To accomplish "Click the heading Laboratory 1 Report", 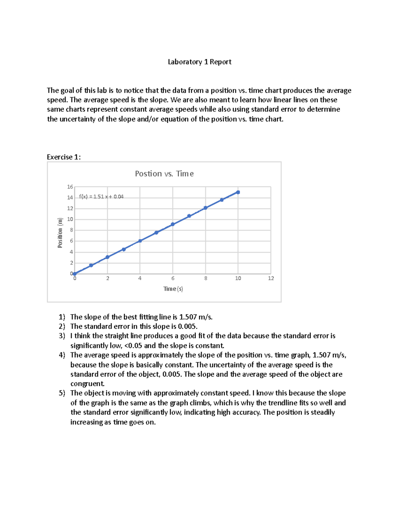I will point(199,62).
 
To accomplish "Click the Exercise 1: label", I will point(64,157).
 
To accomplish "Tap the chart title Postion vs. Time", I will point(164,174).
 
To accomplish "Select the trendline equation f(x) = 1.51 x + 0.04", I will point(101,197).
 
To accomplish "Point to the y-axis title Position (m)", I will point(60,233).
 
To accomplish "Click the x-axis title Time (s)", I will point(173,289).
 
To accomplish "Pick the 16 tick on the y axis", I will point(70,187).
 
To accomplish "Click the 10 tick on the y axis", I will point(70,219).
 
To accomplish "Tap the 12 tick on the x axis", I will point(271,278).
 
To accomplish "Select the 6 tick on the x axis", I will point(173,278).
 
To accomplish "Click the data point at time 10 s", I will point(238,192).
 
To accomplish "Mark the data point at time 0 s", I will point(75,274).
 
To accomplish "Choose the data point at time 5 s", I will point(156,233).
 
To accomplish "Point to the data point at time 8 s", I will point(205,208).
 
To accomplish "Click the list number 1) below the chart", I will point(62,317).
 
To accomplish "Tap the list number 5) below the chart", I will point(62,393).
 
